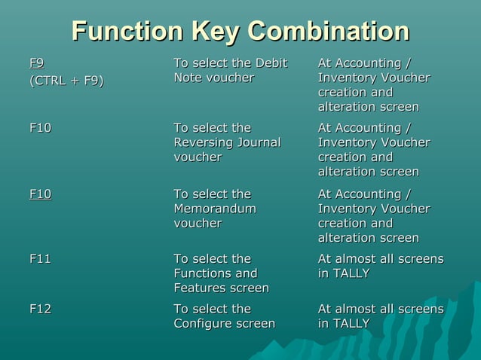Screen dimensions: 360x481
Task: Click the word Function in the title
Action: click(x=127, y=32)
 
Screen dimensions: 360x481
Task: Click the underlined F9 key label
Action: click(x=36, y=63)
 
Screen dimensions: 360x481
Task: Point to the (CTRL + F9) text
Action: click(x=66, y=81)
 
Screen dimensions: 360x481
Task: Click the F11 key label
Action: click(x=40, y=258)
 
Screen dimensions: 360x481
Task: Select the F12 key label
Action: click(x=40, y=309)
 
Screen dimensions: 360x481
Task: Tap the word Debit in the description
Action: click(x=271, y=63)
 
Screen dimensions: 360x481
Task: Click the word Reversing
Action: click(x=204, y=142)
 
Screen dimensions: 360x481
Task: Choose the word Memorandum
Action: click(x=215, y=209)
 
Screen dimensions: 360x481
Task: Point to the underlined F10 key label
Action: click(x=40, y=194)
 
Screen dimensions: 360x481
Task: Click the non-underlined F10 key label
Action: click(x=40, y=127)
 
